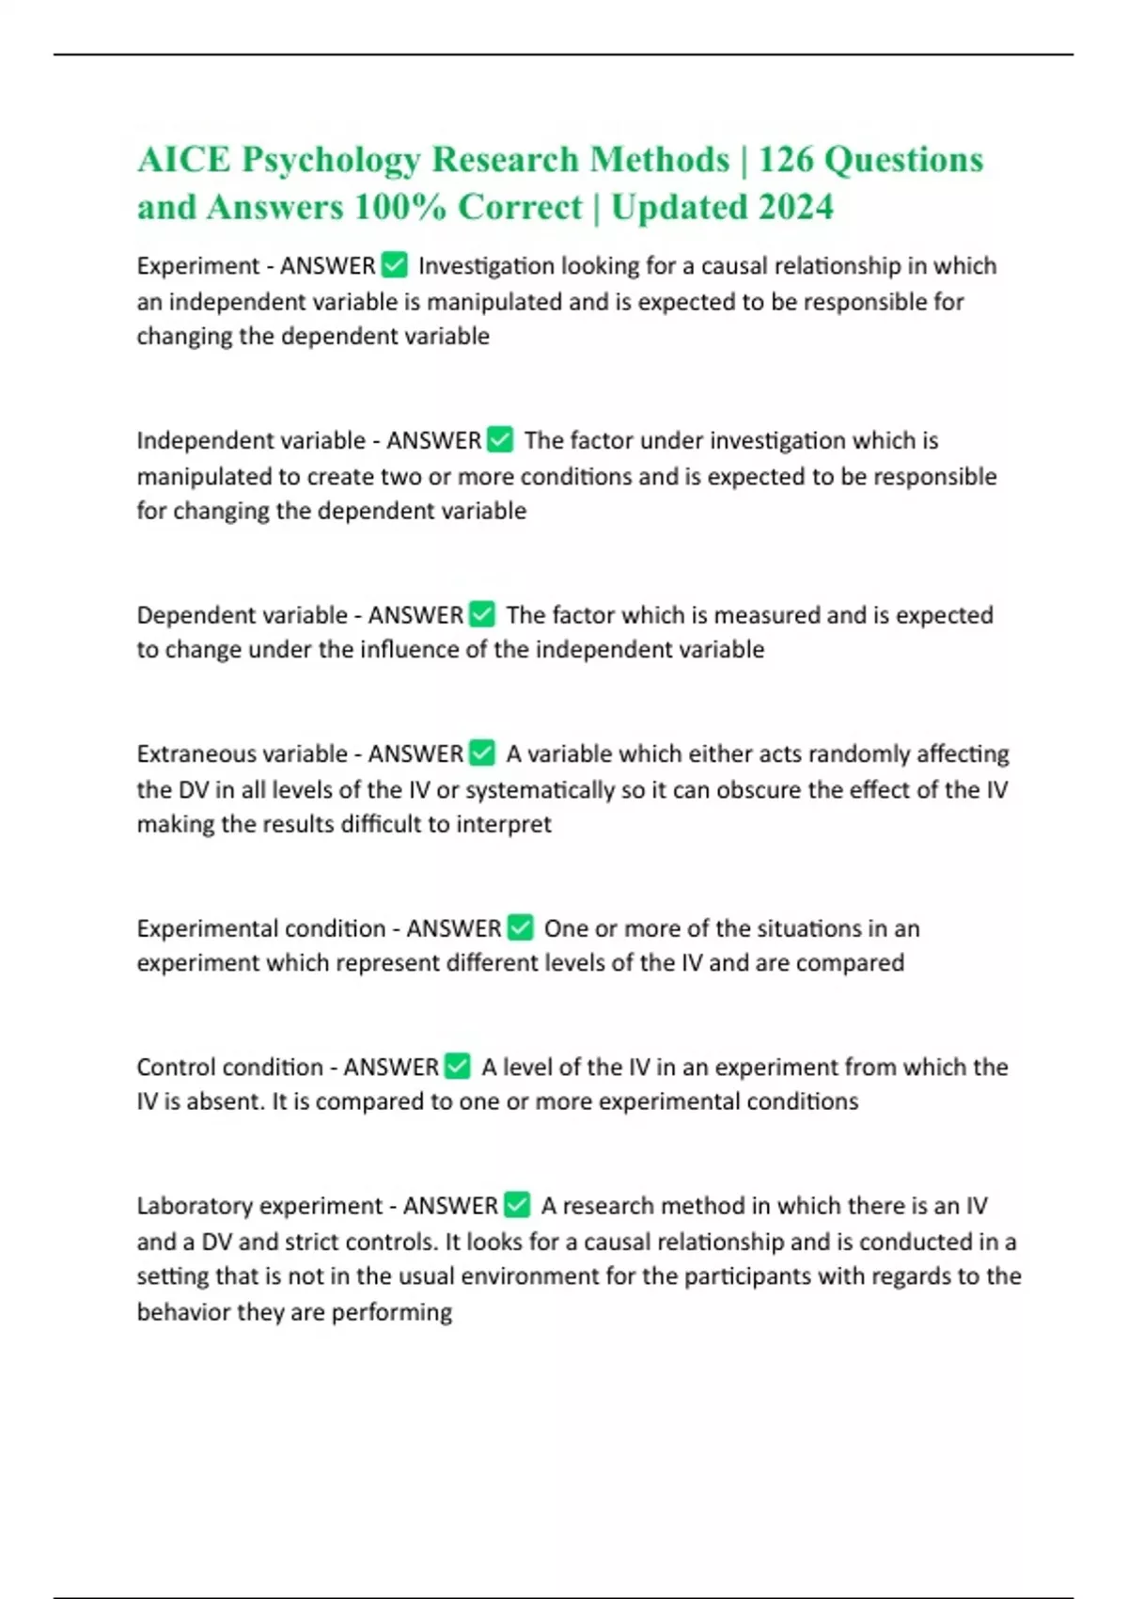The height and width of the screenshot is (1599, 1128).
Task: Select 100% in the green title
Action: pos(399,208)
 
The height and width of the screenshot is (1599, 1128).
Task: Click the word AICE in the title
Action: pos(183,160)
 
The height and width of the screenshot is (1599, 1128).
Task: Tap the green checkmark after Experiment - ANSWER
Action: pos(395,266)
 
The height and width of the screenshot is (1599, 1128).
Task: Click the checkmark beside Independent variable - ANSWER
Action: pos(501,440)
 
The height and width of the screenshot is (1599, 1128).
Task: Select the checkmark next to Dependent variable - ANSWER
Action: pos(482,615)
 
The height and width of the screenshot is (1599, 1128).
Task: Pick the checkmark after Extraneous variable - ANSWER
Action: pos(482,753)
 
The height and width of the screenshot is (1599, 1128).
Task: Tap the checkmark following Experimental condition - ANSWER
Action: pos(521,928)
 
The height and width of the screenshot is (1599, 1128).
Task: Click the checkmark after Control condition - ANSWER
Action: pos(458,1067)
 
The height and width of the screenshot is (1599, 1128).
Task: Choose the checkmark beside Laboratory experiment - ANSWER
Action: pos(518,1205)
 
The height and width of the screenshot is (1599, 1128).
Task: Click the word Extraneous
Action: pos(184,754)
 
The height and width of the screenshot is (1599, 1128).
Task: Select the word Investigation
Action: pos(486,267)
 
